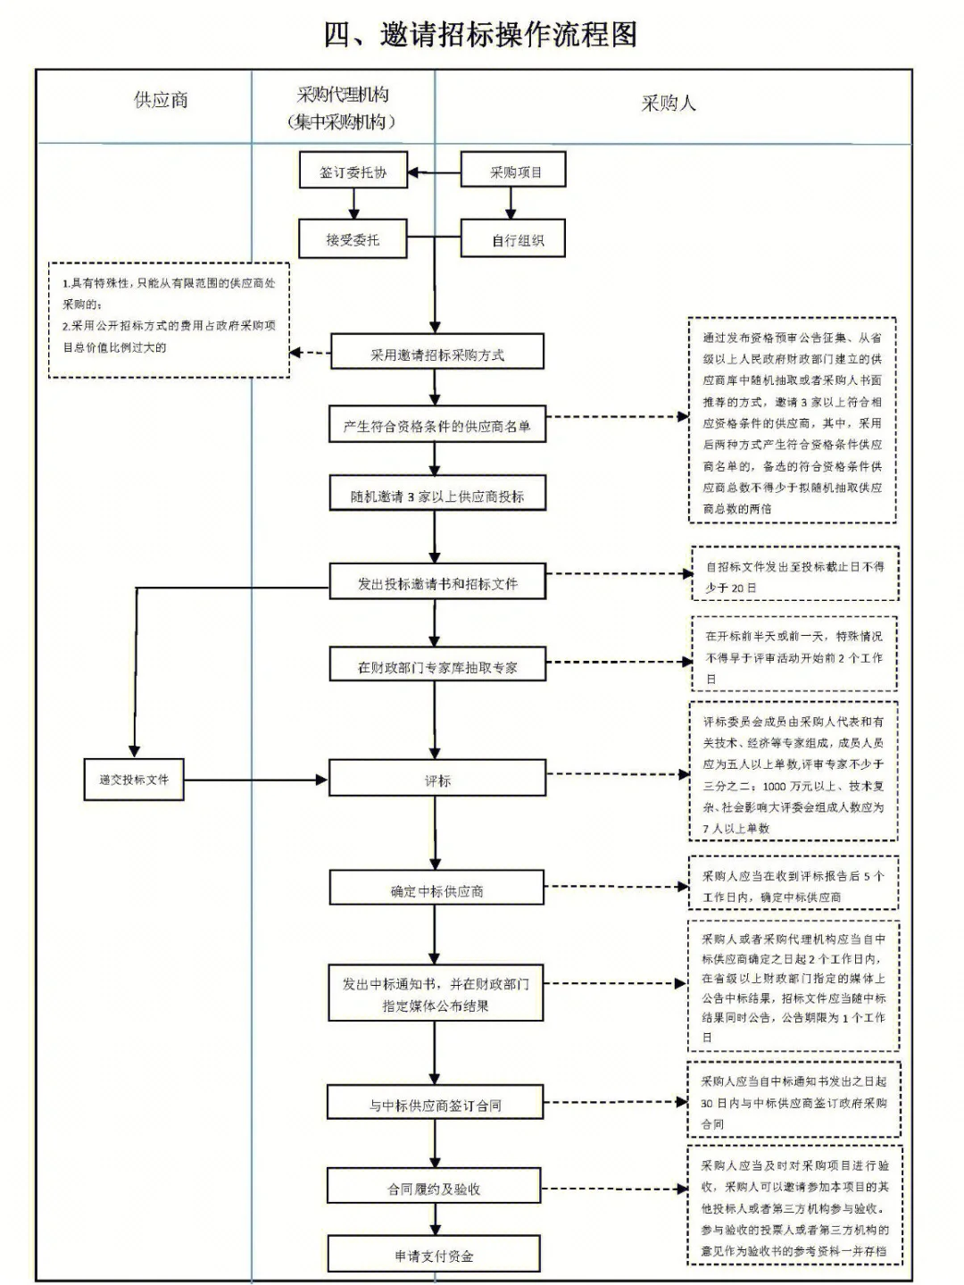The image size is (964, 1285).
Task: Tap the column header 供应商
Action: coord(161,100)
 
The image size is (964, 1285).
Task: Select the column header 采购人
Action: coord(668,104)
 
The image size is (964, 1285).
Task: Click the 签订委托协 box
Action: coord(353,171)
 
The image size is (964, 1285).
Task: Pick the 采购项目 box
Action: coord(514,171)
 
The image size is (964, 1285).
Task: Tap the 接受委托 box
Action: coord(353,239)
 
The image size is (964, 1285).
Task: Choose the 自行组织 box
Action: coord(514,239)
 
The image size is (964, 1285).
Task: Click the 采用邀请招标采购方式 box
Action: coord(436,354)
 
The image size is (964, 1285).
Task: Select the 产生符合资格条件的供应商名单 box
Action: coord(436,426)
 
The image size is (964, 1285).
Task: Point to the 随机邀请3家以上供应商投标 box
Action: coord(436,496)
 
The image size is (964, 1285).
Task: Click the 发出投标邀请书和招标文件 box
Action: coord(436,583)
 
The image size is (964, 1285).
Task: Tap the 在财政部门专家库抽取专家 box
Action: coord(436,666)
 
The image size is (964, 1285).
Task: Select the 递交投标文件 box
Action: coord(134,780)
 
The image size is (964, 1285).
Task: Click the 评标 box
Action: coord(436,780)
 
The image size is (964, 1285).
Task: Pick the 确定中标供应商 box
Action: coord(436,890)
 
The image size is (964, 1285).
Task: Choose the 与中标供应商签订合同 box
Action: coord(435,1105)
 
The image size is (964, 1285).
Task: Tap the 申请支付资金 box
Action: coord(434,1255)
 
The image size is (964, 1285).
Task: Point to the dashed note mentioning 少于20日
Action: coord(794,576)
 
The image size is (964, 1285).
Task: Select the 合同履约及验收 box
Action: coord(434,1189)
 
